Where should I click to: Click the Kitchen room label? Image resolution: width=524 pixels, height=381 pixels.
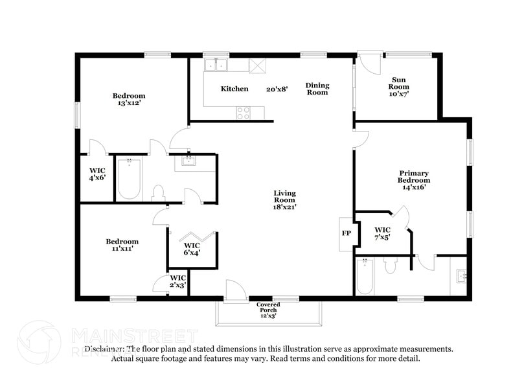[234, 89]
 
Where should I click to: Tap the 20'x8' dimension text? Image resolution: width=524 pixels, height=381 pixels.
[277, 89]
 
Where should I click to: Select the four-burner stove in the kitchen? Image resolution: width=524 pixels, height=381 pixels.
[244, 113]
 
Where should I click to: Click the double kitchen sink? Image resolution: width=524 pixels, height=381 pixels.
[216, 65]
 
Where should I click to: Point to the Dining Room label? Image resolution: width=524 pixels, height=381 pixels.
[317, 89]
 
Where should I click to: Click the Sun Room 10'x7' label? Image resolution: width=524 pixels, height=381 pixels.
[398, 87]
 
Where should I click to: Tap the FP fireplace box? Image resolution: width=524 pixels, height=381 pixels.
[347, 233]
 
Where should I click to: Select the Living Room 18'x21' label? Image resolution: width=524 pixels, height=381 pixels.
[284, 200]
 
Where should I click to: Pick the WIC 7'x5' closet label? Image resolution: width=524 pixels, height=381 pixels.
[382, 233]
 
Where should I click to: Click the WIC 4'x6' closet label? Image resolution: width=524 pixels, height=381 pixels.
[97, 174]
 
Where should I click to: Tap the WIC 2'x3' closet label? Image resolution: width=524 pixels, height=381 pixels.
[178, 281]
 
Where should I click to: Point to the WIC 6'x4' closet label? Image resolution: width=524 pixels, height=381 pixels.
[192, 249]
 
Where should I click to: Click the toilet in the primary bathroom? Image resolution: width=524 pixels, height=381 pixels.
[390, 266]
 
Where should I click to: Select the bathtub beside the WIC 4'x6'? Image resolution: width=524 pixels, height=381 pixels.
[129, 179]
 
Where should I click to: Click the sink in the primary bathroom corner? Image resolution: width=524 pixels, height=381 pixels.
[462, 277]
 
